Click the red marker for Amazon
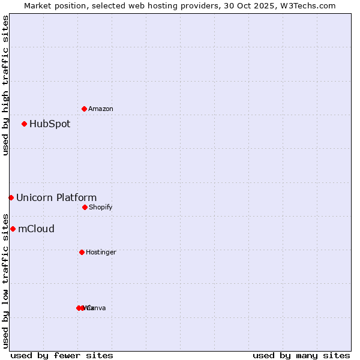tap(84, 109)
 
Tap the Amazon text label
tap(101, 109)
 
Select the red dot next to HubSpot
tap(24, 124)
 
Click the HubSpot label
tap(50, 124)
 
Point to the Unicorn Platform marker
tap(11, 197)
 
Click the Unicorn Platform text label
tap(56, 198)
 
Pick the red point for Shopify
tap(85, 207)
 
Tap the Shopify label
tap(101, 207)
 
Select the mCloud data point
tap(13, 229)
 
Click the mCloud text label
tap(37, 229)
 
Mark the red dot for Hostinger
tap(82, 252)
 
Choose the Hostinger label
tap(101, 252)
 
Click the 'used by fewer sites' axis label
tap(62, 355)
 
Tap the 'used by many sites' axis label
tap(301, 355)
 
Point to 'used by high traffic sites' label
tap(5, 85)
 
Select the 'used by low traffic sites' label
tap(5, 281)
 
